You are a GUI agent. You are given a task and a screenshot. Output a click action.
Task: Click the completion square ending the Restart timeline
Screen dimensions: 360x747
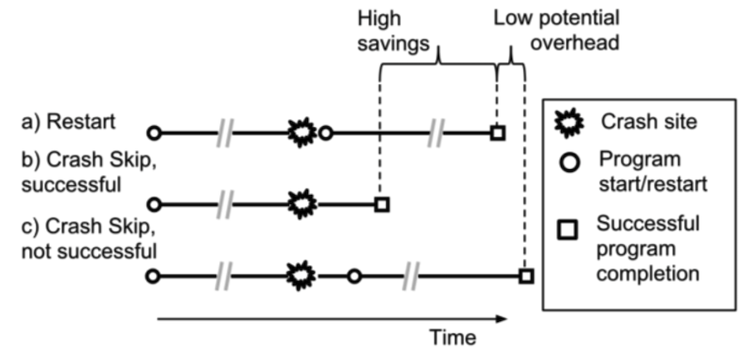tap(496, 132)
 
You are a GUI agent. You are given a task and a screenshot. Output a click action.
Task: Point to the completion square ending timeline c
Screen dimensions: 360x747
tap(525, 275)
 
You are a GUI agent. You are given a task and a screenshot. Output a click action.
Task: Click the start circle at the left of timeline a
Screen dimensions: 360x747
tap(152, 132)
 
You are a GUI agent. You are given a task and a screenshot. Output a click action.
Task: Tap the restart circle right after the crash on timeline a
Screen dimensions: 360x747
tap(327, 132)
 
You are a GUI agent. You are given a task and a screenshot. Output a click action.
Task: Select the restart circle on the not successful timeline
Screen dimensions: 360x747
tap(354, 275)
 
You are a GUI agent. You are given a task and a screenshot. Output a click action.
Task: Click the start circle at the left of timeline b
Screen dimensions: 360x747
tap(152, 203)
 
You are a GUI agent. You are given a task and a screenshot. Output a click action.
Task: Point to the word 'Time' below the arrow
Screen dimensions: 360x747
tap(452, 338)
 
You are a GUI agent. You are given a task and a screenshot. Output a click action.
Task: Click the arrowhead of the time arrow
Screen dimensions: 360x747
tap(500, 317)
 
